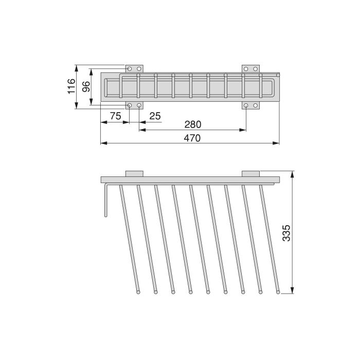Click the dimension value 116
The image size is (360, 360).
71,86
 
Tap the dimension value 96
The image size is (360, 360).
86,86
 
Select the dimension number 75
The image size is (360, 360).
115,116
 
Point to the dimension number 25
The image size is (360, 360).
154,116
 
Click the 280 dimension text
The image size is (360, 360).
193,124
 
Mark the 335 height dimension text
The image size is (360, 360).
286,233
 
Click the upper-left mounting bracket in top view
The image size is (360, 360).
134,68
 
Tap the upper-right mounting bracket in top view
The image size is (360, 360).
251,68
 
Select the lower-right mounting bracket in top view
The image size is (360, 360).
251,105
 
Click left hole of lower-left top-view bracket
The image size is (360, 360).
130,106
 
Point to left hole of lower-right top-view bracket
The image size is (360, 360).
246,106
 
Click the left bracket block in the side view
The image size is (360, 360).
134,173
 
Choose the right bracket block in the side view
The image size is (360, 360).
251,173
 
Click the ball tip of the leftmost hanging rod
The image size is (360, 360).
138,293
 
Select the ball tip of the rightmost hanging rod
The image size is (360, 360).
278,293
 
